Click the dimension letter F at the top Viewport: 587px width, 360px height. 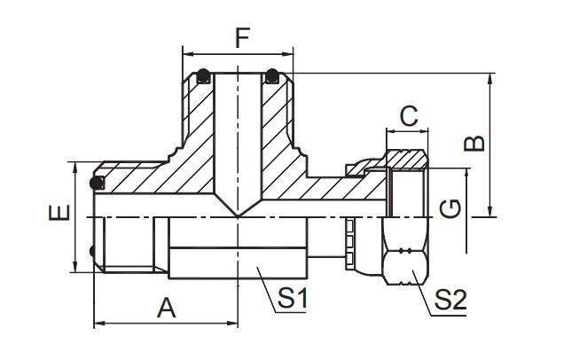tap(242, 38)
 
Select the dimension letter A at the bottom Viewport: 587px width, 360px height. tap(166, 308)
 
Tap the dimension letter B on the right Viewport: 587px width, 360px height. tap(474, 143)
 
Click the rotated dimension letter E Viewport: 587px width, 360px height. tap(59, 213)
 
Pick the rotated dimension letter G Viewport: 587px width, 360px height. tap(450, 208)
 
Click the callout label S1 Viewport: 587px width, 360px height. tap(293, 298)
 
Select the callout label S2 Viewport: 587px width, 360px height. tap(450, 300)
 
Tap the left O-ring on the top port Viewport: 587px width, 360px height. tap(203, 76)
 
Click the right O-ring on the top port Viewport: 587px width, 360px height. tap(271, 76)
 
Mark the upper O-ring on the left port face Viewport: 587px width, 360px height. tap(97, 183)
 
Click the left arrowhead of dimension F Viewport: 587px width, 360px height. tap(187, 54)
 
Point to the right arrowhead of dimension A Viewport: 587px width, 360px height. tap(233, 323)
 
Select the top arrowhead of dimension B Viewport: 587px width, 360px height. tap(490, 78)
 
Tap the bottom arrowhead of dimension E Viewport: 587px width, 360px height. tap(75, 267)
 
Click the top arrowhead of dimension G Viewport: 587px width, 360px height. tap(466, 173)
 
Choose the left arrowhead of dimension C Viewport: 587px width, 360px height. tap(391, 131)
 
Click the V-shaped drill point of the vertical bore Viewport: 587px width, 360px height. tap(238, 208)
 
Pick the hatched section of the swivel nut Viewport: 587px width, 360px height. tap(407, 159)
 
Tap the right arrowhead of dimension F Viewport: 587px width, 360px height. tap(288, 54)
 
